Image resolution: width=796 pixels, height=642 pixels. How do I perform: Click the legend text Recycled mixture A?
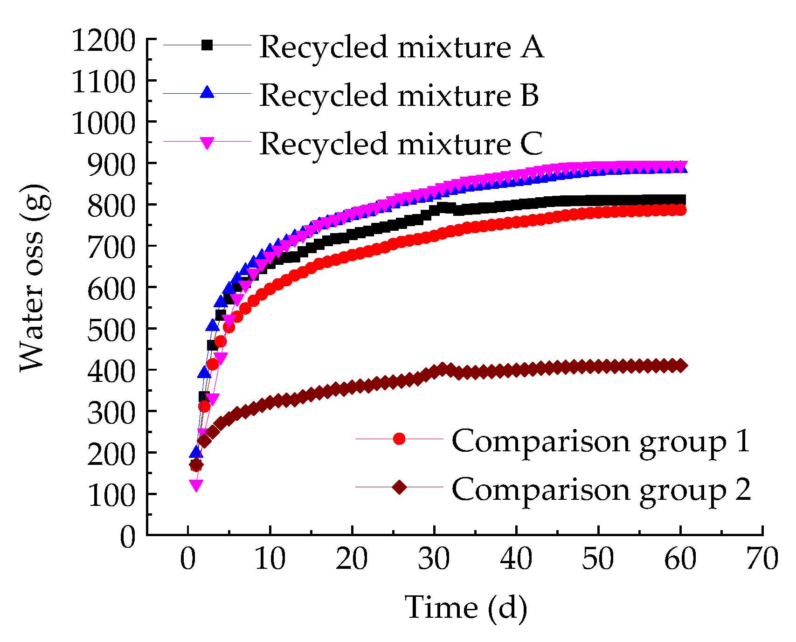401,47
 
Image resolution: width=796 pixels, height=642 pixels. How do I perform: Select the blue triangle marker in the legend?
207,92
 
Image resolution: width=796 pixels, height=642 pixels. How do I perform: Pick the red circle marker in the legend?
399,439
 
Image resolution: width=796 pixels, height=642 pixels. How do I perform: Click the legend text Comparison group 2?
601,490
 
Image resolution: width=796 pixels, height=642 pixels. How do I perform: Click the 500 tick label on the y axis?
111,329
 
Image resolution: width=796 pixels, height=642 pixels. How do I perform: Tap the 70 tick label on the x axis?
762,559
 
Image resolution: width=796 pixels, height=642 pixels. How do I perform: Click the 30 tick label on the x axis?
434,559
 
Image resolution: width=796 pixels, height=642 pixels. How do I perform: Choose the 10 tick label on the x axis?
270,559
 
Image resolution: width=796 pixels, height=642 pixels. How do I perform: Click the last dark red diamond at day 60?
680,366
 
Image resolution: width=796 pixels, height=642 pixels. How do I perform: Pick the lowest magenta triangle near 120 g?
196,485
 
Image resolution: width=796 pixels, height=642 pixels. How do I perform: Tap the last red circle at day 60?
680,210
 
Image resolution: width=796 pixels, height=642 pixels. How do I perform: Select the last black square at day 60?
680,200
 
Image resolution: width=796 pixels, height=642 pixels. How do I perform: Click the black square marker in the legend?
207,45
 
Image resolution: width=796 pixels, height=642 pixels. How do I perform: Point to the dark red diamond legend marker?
399,487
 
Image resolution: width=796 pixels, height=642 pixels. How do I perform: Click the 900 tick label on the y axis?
111,163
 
